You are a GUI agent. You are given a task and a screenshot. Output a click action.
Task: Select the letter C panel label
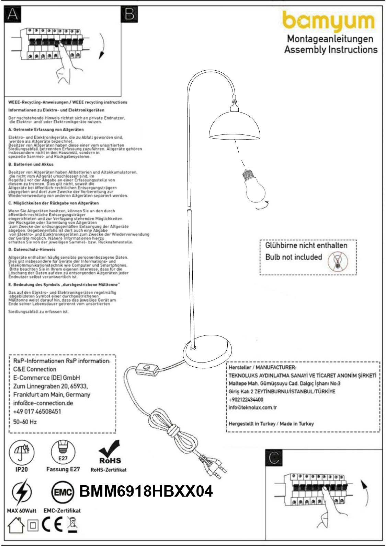[x=274, y=458]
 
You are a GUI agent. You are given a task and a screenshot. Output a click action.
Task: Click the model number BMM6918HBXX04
[x=146, y=491]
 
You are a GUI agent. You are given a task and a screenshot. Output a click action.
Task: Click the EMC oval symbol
[x=63, y=492]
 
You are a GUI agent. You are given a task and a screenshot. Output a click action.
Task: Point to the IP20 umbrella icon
[x=21, y=452]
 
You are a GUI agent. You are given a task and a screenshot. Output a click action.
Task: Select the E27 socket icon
[x=63, y=452]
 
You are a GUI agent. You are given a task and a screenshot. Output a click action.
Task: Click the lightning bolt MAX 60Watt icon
[x=21, y=492]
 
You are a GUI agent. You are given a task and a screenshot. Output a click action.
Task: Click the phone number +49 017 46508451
[x=37, y=412]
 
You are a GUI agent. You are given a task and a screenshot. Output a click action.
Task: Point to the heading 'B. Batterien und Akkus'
[x=31, y=164]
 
